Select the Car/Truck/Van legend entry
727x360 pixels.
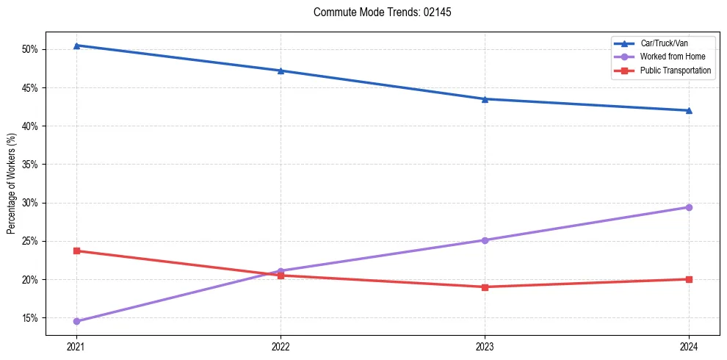(x=664, y=43)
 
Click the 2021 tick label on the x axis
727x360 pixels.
(x=76, y=346)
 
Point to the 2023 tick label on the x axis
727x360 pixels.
(x=485, y=346)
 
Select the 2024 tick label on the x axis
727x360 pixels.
(x=689, y=346)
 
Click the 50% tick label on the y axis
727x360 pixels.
(x=30, y=50)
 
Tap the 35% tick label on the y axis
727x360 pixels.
(x=30, y=165)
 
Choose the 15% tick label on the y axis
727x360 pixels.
(x=30, y=318)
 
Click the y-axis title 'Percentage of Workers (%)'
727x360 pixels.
(x=12, y=184)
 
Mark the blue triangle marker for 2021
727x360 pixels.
(x=76, y=46)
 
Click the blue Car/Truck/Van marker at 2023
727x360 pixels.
(x=485, y=99)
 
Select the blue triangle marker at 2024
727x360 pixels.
(x=689, y=110)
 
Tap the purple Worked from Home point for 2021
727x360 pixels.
(x=76, y=321)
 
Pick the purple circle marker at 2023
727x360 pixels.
(x=485, y=240)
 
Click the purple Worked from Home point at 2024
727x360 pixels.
(x=689, y=207)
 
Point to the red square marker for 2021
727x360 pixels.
(x=76, y=251)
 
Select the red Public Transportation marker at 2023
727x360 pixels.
(x=485, y=287)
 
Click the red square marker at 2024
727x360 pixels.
(x=689, y=279)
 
